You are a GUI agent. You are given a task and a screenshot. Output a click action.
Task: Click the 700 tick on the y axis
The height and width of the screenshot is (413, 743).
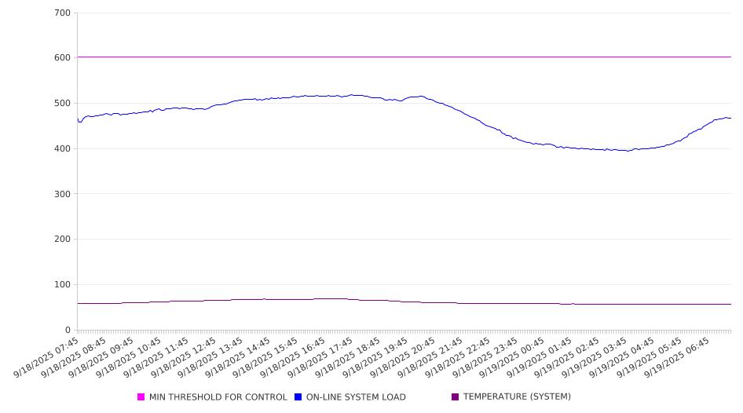point(63,13)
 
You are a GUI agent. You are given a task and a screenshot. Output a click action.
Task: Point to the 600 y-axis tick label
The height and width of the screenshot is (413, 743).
point(63,58)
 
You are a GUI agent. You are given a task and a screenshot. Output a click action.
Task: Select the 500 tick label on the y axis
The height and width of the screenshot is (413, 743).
point(63,104)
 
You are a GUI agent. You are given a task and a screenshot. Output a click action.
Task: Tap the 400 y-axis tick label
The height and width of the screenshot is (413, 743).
point(63,149)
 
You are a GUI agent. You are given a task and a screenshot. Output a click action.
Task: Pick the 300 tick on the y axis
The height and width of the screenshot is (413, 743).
point(63,194)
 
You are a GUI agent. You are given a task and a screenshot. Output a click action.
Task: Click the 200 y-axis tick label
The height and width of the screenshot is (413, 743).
point(63,239)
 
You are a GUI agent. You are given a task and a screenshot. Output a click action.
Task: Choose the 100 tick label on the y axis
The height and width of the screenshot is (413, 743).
point(63,285)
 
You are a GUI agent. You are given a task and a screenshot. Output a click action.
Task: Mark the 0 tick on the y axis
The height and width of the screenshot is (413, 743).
point(68,331)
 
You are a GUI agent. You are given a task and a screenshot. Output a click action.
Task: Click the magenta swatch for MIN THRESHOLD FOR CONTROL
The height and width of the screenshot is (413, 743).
point(141,397)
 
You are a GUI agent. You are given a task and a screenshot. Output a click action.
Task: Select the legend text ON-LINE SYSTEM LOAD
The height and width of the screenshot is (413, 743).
point(356,397)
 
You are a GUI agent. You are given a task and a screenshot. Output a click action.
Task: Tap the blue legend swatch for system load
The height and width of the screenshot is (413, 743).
point(298,397)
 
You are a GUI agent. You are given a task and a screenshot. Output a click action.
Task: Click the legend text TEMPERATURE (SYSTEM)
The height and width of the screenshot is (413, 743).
point(517,397)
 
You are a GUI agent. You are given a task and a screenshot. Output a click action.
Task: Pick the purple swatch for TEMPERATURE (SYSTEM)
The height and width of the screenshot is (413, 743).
point(456,397)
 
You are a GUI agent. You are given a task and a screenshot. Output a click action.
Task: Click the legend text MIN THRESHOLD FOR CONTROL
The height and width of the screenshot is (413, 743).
point(218,397)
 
